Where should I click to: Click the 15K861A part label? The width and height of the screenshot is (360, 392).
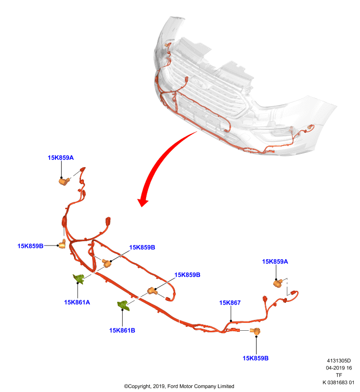tap(77, 302)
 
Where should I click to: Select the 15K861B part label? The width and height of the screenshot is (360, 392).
tap(122, 330)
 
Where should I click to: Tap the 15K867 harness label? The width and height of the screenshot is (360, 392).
tap(230, 302)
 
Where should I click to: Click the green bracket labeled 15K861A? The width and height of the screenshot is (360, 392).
tap(79, 279)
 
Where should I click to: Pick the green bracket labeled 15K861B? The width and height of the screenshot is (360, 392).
tap(124, 305)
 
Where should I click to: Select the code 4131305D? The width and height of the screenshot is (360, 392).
tap(339, 361)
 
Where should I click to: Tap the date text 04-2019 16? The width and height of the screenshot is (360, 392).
tap(339, 368)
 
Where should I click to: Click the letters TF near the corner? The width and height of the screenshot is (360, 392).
tap(339, 375)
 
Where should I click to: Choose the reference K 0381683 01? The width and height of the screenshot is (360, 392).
tap(338, 382)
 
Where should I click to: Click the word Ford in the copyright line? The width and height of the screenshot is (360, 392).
tap(172, 386)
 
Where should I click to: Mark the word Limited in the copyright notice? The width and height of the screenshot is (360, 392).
tap(226, 386)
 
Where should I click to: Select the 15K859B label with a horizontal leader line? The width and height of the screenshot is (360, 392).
tap(30, 246)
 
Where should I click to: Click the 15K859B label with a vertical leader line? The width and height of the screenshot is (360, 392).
tap(256, 358)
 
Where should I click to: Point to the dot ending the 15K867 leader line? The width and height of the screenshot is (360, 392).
tap(231, 321)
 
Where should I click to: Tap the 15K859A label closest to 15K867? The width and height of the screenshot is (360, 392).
tap(275, 262)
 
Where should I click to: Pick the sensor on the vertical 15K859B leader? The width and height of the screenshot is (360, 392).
tap(256, 331)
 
